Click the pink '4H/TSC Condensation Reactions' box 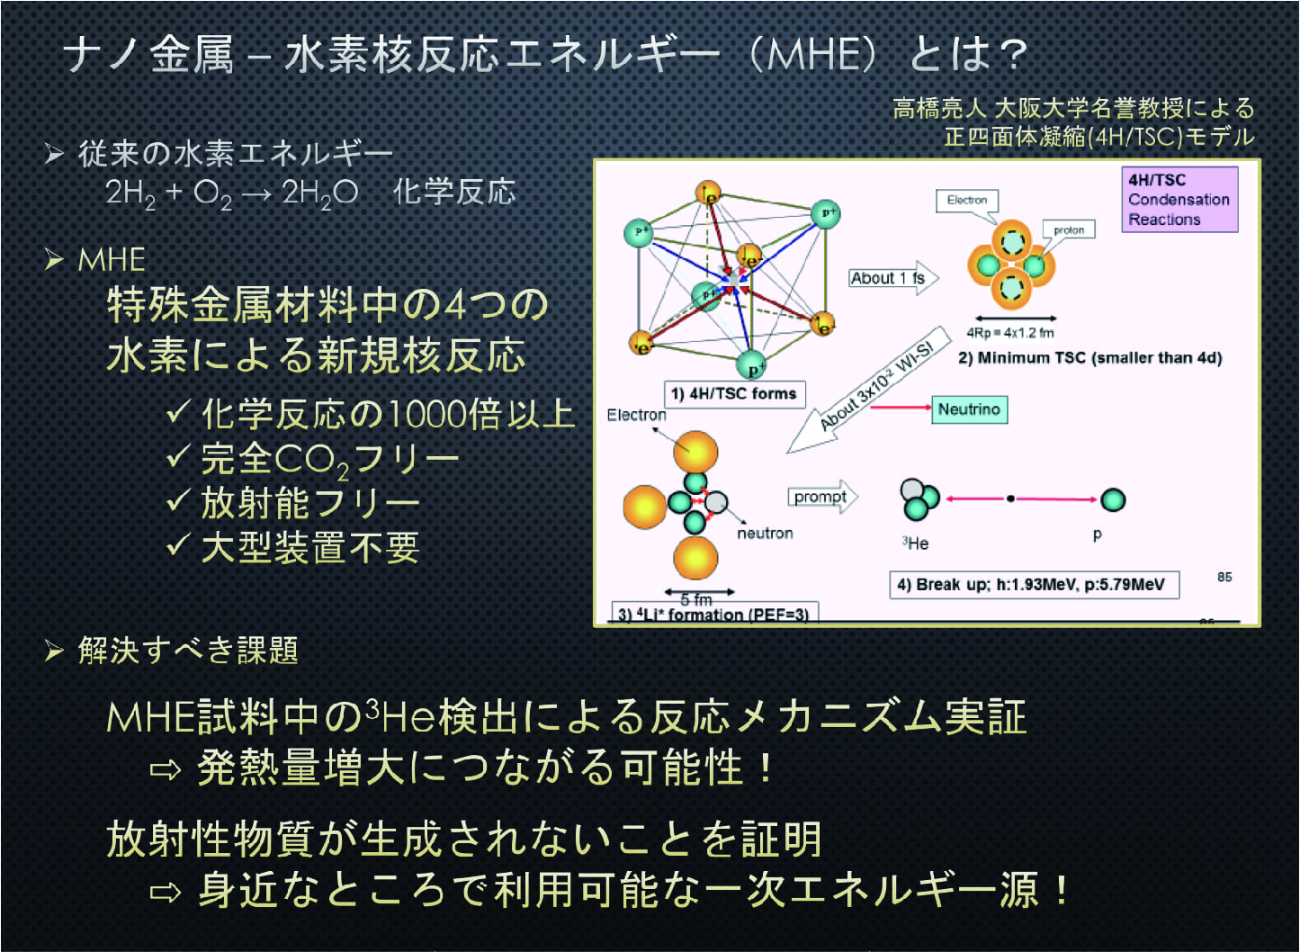pos(1179,200)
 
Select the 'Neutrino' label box pos(969,409)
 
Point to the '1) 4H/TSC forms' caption pos(734,394)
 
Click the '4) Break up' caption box pos(1033,585)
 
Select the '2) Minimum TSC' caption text pos(1089,358)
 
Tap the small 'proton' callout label pos(1069,230)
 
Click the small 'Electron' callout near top pos(966,200)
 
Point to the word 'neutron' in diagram pos(765,534)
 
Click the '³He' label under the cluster pos(916,543)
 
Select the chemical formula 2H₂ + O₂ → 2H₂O pos(232,193)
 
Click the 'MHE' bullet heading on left pos(112,260)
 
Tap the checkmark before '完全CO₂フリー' pos(177,457)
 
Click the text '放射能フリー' pos(309,503)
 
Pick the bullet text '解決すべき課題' pos(187,651)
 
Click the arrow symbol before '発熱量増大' pos(166,770)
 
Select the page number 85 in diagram pos(1224,577)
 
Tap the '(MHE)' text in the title pos(813,56)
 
